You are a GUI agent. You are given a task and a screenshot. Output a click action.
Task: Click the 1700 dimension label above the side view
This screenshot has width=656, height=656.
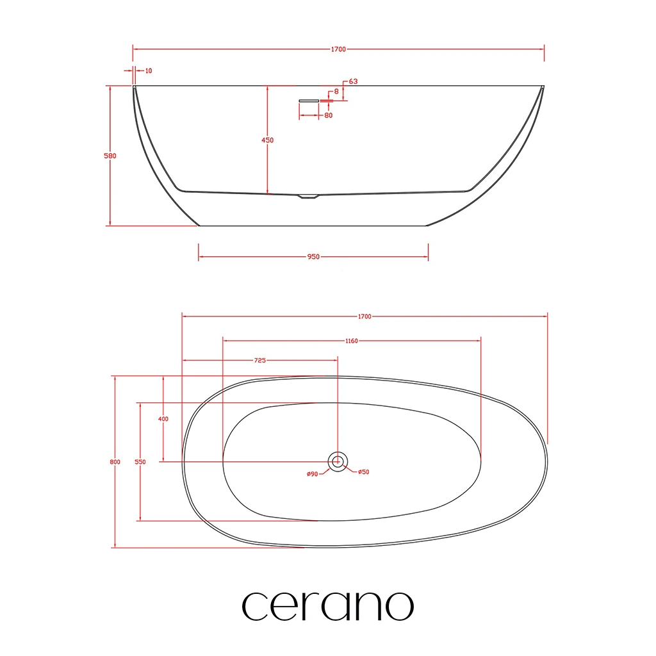tap(338, 49)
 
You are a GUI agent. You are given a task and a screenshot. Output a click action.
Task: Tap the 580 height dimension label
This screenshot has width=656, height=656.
tap(110, 156)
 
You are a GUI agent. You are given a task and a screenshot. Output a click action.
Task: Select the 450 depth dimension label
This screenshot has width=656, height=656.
tap(267, 140)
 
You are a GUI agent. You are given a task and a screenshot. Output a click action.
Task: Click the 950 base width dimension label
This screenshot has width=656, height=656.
tap(313, 256)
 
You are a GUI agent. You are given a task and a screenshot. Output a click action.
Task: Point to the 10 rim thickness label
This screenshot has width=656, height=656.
tap(149, 70)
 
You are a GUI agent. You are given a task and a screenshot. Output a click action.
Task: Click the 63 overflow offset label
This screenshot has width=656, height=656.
tap(353, 81)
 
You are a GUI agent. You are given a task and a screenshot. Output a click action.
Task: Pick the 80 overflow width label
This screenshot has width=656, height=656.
tap(329, 115)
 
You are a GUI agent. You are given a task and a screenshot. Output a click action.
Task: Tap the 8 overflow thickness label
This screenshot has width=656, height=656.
tap(336, 91)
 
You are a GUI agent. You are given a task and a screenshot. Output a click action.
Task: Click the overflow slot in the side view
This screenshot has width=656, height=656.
tap(309, 101)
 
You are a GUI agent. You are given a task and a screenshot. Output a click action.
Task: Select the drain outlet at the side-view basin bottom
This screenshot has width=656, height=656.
tap(308, 196)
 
